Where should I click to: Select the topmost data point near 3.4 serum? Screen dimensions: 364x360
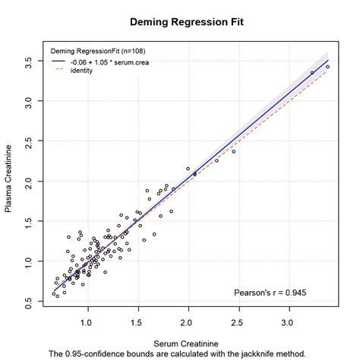pyautogui.click(x=327, y=67)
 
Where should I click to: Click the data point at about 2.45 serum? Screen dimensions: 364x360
pyautogui.click(x=234, y=152)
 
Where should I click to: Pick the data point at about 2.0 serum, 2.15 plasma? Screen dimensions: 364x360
pyautogui.click(x=188, y=169)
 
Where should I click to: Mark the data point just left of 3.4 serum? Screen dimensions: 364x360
pyautogui.click(x=312, y=73)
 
